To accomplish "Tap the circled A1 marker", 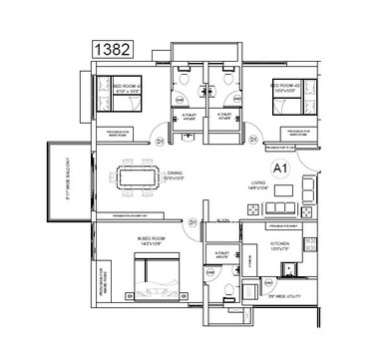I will [279, 171].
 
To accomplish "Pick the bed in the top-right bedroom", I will [292, 96].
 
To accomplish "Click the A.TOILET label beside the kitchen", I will [221, 256].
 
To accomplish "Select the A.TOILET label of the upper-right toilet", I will [225, 118].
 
